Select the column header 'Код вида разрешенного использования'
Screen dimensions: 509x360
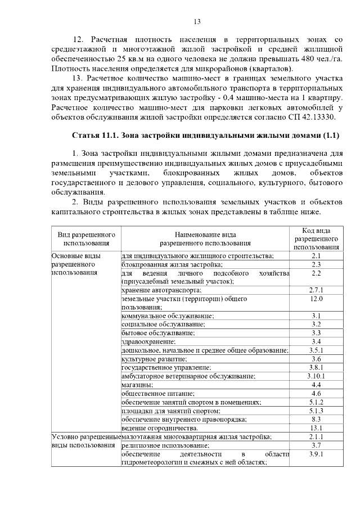coord(316,239)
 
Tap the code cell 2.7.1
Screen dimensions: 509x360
coord(316,290)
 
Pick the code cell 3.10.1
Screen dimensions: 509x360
coord(316,376)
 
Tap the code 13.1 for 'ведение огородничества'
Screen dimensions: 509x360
coord(316,427)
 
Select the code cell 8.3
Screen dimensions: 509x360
coord(316,419)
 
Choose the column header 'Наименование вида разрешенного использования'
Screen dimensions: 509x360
coord(205,239)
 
